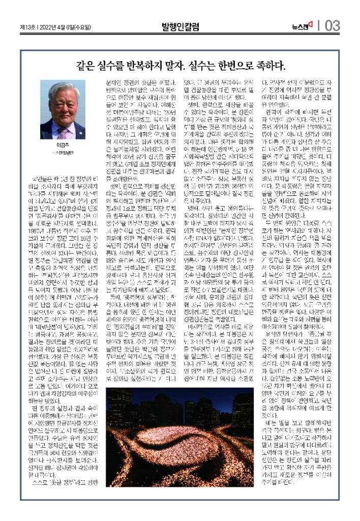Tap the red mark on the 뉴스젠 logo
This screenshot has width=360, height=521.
click(310, 23)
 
